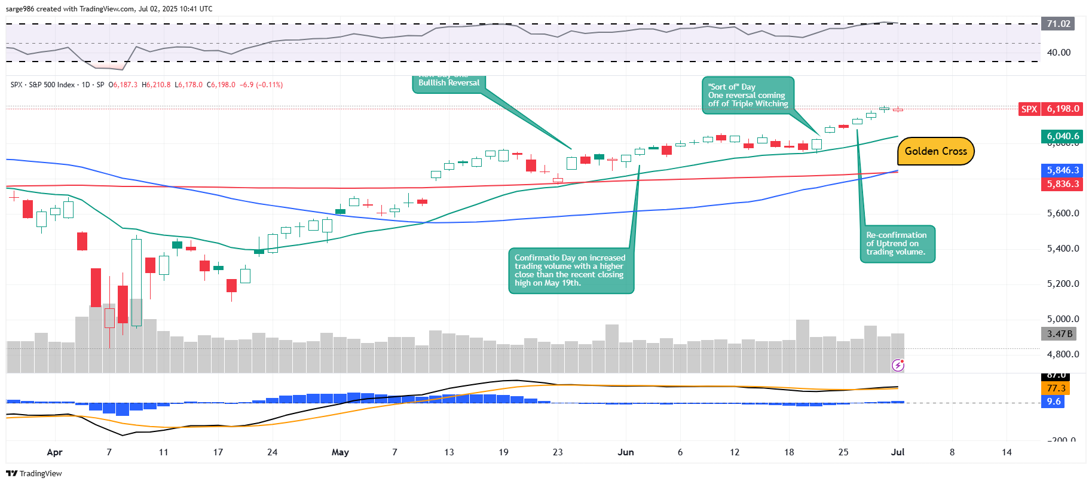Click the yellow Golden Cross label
(x=935, y=151)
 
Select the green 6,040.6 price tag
(x=1062, y=136)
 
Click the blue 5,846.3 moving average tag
(x=1062, y=170)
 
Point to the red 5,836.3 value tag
(x=1062, y=184)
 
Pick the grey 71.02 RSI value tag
(x=1057, y=24)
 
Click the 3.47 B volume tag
(x=1059, y=334)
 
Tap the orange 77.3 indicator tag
(x=1056, y=388)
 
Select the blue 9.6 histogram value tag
(x=1053, y=402)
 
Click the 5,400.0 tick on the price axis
(x=1063, y=249)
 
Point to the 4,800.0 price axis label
(x=1063, y=354)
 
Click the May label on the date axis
(x=340, y=452)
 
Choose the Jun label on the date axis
(x=626, y=452)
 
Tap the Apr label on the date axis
(x=54, y=452)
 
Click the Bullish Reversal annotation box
(x=449, y=84)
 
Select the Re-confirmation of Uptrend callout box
(x=897, y=244)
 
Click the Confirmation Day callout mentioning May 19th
(x=570, y=271)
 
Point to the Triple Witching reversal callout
(x=748, y=95)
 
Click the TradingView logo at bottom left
(x=34, y=473)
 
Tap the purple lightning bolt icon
(x=898, y=364)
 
